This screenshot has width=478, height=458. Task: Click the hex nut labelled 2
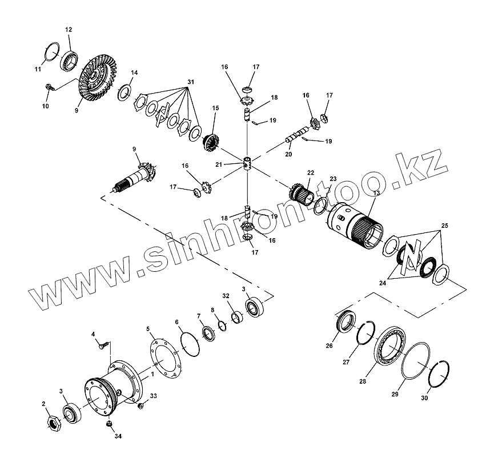point(53,423)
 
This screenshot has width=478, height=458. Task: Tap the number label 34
point(118,437)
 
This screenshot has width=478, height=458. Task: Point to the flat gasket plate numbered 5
point(165,359)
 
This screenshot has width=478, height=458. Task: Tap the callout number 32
point(226,295)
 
